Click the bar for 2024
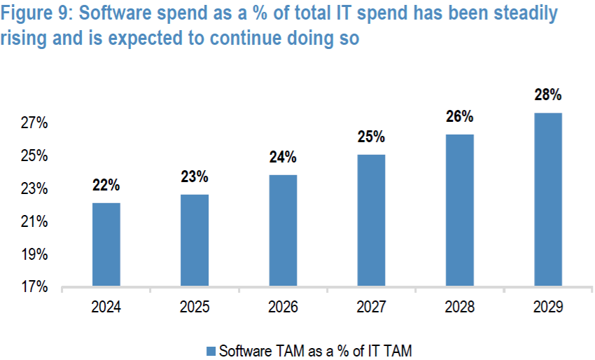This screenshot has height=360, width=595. tap(106, 244)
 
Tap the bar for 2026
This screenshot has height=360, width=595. tap(282, 230)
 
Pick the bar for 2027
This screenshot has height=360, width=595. tap(370, 221)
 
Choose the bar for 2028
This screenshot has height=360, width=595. tap(459, 210)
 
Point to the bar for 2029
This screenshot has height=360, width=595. tap(547, 200)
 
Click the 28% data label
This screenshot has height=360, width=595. tap(547, 95)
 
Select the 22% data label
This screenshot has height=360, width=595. tap(106, 186)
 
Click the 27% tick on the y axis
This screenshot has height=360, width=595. tap(34, 123)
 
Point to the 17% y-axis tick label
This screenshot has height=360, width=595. tap(34, 287)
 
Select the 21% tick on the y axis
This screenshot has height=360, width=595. tap(34, 222)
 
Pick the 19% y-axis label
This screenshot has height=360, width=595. tap(34, 255)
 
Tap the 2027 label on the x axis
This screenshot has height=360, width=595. tap(370, 307)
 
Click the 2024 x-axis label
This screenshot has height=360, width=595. tap(106, 307)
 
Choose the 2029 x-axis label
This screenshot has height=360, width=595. tap(547, 307)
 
